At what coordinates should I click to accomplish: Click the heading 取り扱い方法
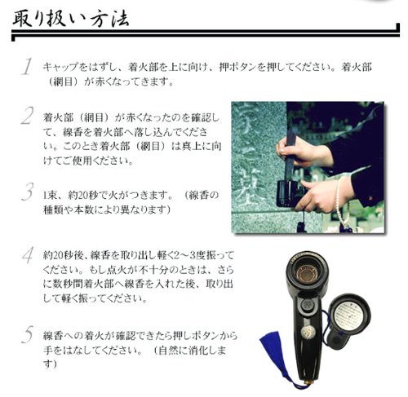click(71, 18)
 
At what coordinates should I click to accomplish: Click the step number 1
click(27, 66)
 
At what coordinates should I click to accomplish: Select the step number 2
click(27, 116)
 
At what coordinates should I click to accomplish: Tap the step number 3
click(28, 192)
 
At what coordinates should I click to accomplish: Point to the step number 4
click(28, 255)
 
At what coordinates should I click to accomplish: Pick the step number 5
click(28, 334)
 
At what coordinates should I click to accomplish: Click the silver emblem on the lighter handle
click(308, 332)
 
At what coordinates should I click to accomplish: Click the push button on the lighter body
click(308, 305)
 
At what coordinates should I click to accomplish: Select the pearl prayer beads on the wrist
click(342, 201)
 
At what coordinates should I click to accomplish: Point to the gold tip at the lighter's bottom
click(309, 382)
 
